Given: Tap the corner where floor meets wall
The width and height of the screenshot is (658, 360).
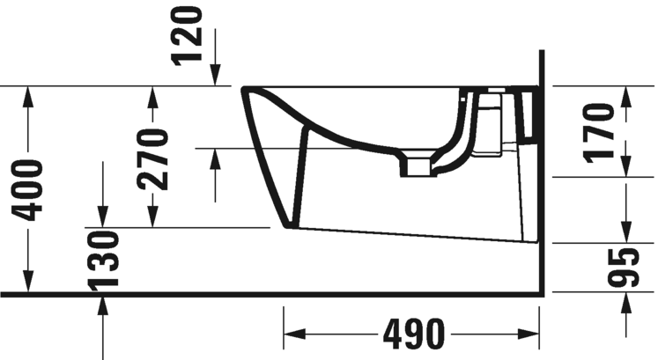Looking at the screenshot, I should (540, 293).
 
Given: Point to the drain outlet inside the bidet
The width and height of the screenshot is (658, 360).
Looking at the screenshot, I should (418, 167).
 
